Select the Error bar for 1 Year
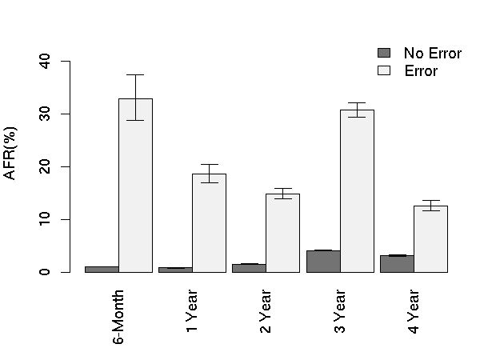pos(209,223)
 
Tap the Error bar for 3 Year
pos(357,191)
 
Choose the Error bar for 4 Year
pos(430,239)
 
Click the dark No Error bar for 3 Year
pos(323,262)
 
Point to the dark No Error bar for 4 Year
pos(397,264)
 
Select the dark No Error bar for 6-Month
pos(102,270)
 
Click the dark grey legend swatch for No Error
pos(384,53)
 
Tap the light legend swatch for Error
pos(384,70)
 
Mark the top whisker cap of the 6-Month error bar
pos(135,74)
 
